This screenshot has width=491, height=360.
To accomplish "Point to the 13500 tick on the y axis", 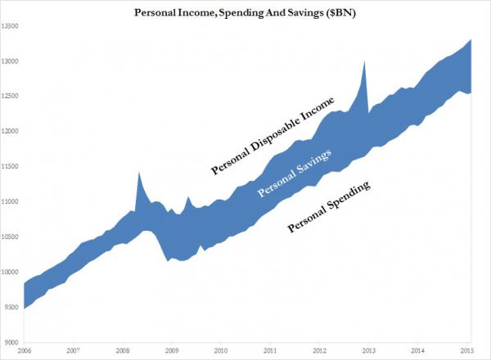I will point(11,26).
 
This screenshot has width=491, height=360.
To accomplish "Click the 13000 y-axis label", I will point(11,61).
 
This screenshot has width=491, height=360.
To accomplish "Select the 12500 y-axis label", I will point(11,97).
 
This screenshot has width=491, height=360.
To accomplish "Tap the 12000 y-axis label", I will point(11,132).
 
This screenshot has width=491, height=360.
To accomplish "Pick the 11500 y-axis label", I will point(11,167).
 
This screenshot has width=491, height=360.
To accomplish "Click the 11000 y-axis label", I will point(11,202).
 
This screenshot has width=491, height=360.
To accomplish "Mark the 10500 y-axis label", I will point(11,237).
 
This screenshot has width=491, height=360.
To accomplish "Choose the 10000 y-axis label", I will point(11,272).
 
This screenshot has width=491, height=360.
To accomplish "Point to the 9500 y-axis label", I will point(12,308).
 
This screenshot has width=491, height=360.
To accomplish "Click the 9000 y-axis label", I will point(12,343).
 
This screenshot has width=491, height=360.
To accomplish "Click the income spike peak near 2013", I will point(364,61).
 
